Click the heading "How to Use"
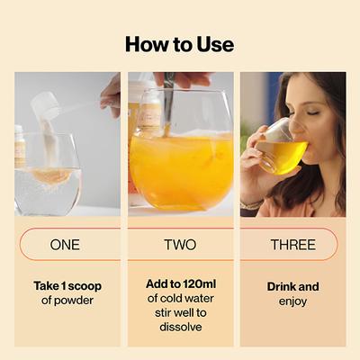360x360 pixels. [179, 43]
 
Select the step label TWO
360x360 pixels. [180, 245]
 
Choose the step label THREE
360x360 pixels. [292, 245]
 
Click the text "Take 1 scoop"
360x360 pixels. [67, 286]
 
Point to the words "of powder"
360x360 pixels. [67, 301]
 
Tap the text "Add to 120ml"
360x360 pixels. [180, 283]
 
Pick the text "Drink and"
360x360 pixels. [292, 286]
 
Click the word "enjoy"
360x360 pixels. [292, 301]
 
